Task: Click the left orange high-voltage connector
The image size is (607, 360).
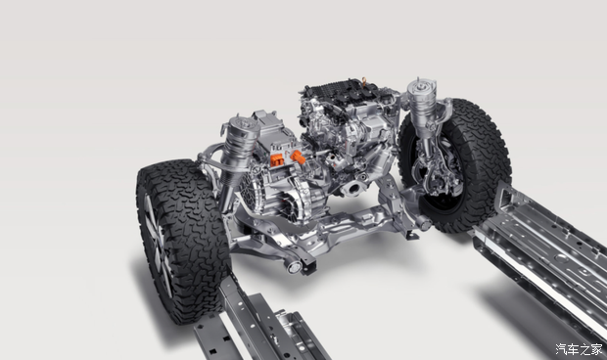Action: click(x=277, y=159)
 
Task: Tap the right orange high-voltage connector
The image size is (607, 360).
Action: click(x=298, y=157)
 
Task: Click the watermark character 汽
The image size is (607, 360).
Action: click(x=562, y=349)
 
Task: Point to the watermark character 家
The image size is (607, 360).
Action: click(x=597, y=349)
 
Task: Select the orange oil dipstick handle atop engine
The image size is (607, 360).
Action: click(x=364, y=81)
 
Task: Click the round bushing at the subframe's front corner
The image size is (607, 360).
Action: click(x=295, y=266)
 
